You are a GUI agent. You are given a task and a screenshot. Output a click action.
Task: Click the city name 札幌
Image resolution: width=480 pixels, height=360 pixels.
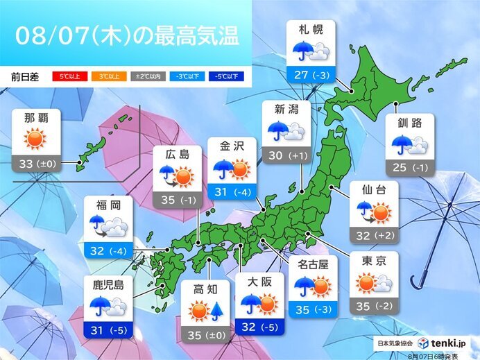[310, 31]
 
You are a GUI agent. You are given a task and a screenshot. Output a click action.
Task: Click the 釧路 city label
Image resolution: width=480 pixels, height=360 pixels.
[410, 125]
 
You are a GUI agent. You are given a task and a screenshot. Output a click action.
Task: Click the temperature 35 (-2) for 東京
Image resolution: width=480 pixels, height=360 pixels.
[375, 307]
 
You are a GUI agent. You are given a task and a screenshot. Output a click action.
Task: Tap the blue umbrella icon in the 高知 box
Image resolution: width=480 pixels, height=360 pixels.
[216, 313]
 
